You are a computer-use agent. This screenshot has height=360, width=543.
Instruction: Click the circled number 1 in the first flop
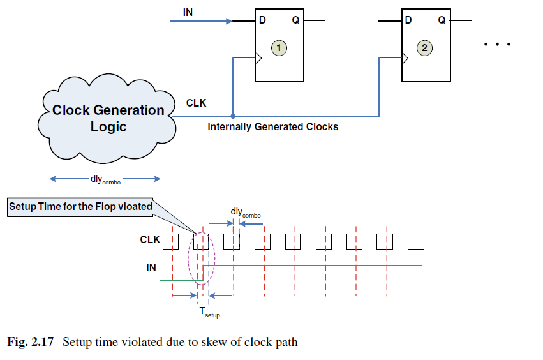coord(278,47)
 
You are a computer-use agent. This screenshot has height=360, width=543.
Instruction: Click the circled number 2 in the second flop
coord(424,47)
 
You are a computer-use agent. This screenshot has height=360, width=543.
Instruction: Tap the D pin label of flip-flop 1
coord(262,20)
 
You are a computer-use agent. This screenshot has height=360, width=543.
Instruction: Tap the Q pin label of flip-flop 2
coord(442,20)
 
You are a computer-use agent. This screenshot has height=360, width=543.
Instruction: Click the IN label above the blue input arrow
coord(188,11)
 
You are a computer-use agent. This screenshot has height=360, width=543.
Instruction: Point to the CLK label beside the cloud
coord(196,103)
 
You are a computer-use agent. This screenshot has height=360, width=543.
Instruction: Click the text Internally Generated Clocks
coord(272,126)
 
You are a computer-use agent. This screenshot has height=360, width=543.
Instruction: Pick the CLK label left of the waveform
coord(150,241)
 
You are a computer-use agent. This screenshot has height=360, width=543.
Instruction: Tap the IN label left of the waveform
coord(151,268)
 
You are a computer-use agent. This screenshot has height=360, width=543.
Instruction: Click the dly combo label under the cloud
coord(105,180)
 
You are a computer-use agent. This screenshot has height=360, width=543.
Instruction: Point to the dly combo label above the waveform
coord(245,212)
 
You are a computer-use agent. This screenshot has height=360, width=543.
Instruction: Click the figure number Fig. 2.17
coord(31,342)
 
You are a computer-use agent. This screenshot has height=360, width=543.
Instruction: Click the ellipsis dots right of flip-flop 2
coord(498,45)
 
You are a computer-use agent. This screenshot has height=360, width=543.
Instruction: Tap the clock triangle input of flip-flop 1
coord(258,59)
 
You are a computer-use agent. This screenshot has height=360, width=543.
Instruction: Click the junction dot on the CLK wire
coord(233,116)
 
